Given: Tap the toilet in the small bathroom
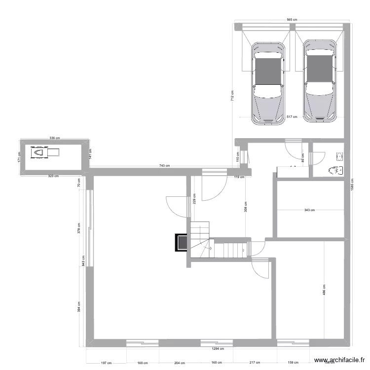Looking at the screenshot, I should point(335,171).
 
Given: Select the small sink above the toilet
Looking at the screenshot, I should point(339,157).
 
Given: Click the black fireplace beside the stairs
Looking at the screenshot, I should point(181,242).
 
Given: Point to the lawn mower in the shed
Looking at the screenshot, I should point(38,152).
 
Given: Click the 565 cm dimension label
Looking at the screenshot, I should point(292,20).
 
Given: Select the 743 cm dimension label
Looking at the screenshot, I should point(164,166).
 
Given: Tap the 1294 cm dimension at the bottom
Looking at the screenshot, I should point(218,348).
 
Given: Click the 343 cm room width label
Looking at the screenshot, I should point(309,210).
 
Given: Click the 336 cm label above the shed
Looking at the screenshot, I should point(54,138).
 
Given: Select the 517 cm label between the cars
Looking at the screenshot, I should point(292,117).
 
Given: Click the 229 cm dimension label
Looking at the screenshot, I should point(194,198).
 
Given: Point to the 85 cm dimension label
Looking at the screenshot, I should point(302,157).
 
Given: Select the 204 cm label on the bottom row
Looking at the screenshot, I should point(179,363).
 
